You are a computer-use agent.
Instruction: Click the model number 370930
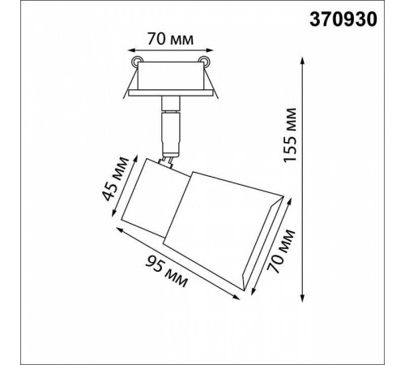(x=343, y=19)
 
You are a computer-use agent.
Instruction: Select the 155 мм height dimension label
(x=290, y=135)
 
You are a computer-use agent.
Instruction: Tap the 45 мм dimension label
(x=115, y=178)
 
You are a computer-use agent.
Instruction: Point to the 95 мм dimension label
(x=166, y=271)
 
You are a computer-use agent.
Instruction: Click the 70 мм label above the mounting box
(x=170, y=40)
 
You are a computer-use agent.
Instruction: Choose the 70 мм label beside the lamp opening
(x=280, y=251)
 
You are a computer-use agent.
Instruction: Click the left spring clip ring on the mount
(x=137, y=62)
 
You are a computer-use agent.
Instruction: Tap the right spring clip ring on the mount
(x=203, y=62)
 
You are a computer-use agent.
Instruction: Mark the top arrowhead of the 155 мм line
(x=302, y=61)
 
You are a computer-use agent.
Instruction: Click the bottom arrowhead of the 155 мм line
(x=302, y=298)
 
